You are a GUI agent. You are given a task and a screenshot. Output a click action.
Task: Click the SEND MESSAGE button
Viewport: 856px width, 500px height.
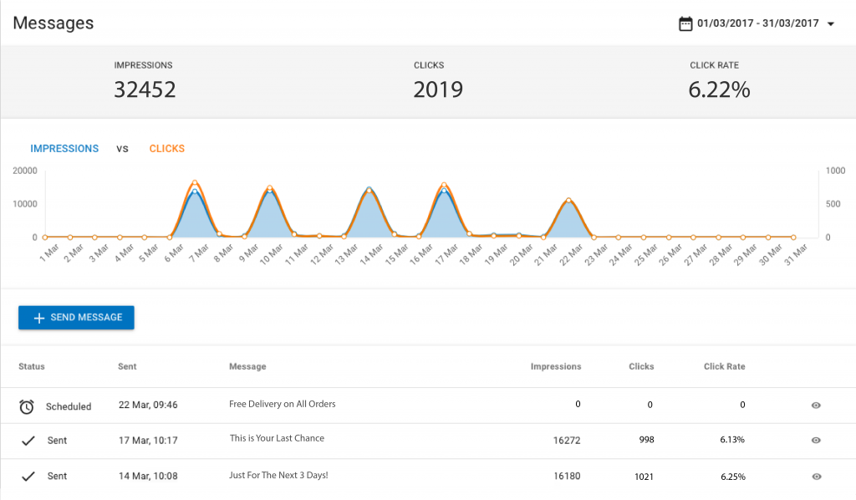coord(76,318)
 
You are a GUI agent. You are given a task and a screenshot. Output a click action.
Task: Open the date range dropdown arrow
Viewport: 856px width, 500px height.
coord(830,24)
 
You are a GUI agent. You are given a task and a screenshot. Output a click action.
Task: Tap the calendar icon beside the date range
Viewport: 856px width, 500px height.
coord(685,23)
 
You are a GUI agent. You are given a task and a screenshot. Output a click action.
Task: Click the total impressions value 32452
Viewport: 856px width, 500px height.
coord(145,89)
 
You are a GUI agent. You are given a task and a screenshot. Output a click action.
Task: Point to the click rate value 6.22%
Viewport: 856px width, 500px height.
coord(719,89)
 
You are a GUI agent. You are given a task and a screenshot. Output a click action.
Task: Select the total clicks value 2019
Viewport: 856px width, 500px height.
coord(438,89)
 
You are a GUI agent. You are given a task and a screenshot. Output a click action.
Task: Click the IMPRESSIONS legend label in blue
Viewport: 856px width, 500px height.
coord(64,149)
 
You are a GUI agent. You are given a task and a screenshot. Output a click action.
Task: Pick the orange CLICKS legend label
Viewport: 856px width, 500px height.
coord(167,149)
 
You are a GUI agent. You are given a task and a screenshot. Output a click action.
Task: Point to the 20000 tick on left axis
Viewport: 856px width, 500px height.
coord(25,170)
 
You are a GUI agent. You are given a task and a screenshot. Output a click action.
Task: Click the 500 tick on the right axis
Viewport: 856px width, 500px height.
coord(833,203)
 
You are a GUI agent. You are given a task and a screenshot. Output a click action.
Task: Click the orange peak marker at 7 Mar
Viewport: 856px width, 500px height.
coord(195,182)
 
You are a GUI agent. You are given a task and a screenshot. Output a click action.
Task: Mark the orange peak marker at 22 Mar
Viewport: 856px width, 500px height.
coord(568,200)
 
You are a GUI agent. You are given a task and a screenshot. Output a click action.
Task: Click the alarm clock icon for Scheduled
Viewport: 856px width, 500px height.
coord(27,406)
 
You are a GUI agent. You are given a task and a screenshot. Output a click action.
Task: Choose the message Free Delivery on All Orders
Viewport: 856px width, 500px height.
coord(282,404)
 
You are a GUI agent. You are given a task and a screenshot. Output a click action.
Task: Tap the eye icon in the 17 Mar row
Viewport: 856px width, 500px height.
coord(816,441)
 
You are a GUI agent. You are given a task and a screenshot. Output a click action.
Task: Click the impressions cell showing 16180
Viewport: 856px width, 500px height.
coord(566,476)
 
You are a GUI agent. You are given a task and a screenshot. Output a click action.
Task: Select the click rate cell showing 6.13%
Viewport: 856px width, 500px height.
coord(732,440)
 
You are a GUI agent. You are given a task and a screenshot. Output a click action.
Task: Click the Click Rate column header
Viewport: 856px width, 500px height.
coord(724,366)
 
